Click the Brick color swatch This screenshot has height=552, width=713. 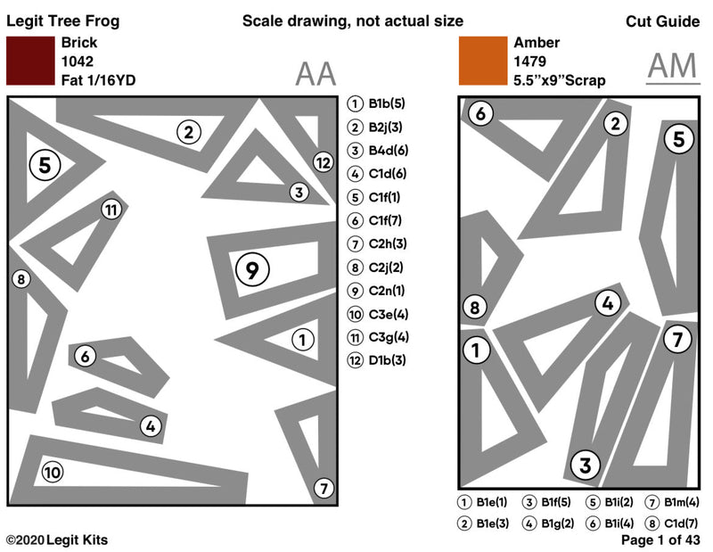click(30, 62)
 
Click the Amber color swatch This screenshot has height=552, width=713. click(482, 62)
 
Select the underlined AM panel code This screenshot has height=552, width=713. click(673, 67)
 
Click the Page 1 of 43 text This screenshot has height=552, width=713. click(660, 540)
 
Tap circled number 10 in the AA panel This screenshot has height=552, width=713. click(53, 472)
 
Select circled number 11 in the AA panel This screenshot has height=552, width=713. click(110, 210)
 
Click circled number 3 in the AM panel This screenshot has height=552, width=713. click(585, 465)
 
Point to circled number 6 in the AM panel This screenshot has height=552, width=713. click(479, 113)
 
